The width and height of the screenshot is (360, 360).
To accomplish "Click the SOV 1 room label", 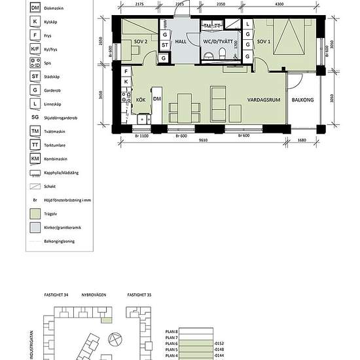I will pos(264,42).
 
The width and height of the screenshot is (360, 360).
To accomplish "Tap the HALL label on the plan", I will pos(182,42).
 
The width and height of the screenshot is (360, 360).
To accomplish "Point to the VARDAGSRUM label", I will pos(264,100).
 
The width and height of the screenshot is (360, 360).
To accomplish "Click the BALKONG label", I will pos(302,100).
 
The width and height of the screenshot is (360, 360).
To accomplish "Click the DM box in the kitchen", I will pos(157,99).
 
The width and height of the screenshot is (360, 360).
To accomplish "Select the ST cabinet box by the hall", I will pos(165,45).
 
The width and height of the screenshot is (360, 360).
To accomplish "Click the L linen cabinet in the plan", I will pos(248,24).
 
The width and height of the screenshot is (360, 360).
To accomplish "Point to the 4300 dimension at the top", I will pos(279,5).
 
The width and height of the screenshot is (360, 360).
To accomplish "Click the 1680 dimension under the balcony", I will pos(301,139).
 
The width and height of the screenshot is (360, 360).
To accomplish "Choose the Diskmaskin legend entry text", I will pos(52,7).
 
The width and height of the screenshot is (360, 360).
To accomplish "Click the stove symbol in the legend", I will pos(35,64).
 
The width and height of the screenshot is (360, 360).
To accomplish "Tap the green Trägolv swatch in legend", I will pos(35,213).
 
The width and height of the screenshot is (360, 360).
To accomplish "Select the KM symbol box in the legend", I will pos(35,158).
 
